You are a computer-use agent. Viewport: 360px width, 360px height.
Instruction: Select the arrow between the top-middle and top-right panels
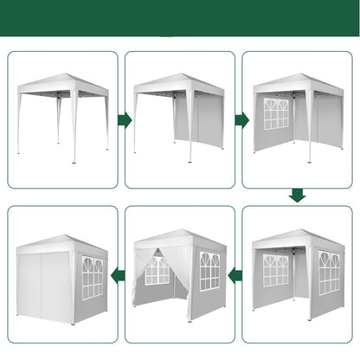tap(238, 119)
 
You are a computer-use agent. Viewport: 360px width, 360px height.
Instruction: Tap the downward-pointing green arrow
tap(297, 196)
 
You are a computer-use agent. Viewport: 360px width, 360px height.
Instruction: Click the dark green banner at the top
tap(180, 18)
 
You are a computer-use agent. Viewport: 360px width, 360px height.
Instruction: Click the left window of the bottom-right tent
tap(276, 270)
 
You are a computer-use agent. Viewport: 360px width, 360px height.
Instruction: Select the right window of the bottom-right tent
tap(328, 272)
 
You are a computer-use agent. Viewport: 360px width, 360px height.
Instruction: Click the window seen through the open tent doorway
tap(157, 270)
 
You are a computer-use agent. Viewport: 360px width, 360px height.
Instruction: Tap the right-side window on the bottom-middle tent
tap(209, 271)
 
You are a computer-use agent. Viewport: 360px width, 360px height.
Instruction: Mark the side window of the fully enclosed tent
tap(92, 277)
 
